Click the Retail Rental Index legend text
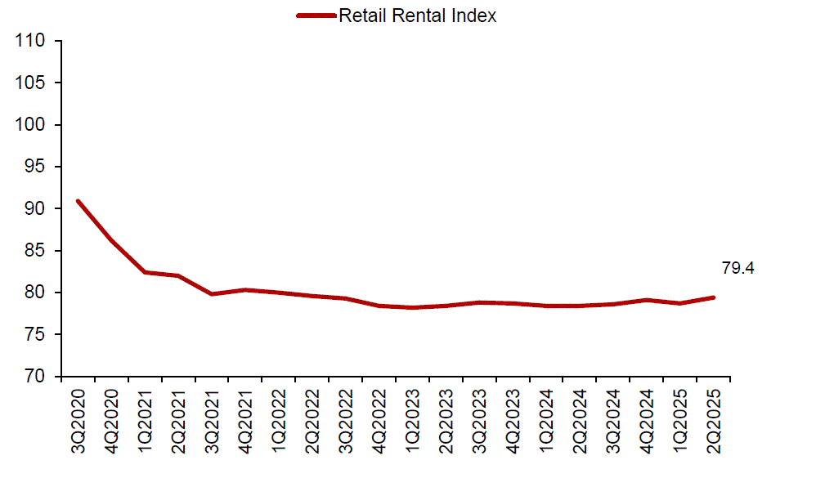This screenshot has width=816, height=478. point(417,16)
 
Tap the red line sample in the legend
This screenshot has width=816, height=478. point(316,16)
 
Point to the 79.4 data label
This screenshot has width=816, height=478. point(738,268)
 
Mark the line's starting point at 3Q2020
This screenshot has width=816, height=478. point(78,201)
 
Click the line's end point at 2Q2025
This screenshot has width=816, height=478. point(714,297)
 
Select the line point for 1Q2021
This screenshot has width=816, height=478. point(145,272)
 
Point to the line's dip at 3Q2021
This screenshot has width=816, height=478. point(212,294)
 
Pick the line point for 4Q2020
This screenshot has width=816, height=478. point(111,240)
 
